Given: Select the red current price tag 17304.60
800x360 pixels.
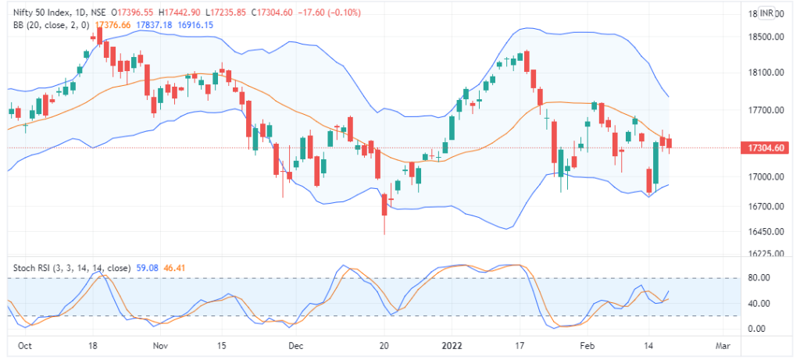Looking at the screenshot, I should click(766, 147).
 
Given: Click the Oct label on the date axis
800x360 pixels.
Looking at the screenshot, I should click(24, 344).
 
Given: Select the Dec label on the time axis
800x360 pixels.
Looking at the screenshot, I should click(295, 344).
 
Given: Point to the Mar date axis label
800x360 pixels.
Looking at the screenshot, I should click(723, 344).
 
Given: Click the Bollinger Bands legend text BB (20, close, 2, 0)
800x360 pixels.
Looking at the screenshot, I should click(52, 26).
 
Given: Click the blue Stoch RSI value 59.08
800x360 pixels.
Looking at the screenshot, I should click(148, 267).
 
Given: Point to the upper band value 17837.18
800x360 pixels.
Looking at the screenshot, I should click(154, 26).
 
